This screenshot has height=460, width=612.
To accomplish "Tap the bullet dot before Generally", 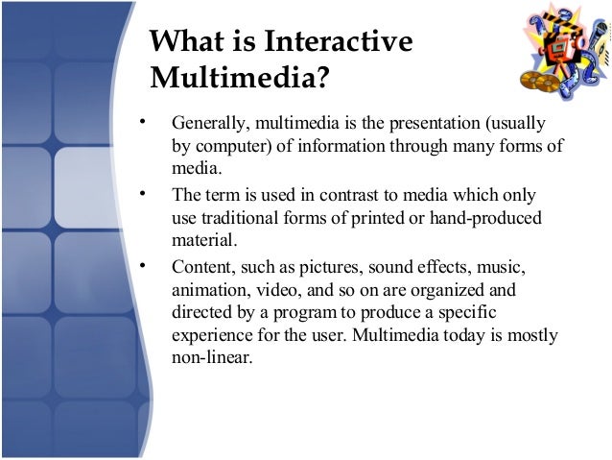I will click(x=141, y=123).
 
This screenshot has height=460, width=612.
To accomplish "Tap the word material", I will click(x=203, y=239).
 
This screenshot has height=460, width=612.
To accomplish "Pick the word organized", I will click(x=452, y=289).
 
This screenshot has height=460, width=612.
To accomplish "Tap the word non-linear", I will click(x=210, y=357).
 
